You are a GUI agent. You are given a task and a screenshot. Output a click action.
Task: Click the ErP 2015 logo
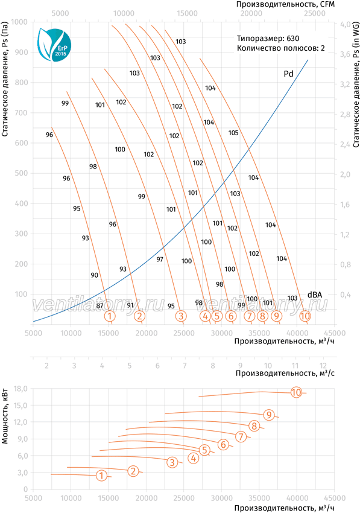(x=54, y=44)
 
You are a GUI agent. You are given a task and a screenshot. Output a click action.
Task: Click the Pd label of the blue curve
(x=288, y=74)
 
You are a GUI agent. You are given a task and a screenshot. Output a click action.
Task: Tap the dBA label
(x=315, y=295)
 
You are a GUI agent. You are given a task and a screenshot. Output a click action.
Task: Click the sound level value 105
(x=233, y=133)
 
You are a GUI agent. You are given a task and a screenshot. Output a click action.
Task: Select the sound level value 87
(x=99, y=306)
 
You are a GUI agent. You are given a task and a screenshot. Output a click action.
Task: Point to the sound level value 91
(x=130, y=305)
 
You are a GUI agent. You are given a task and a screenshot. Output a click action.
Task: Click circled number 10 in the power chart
(x=296, y=392)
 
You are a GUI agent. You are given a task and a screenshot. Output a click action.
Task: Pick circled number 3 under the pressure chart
(x=180, y=316)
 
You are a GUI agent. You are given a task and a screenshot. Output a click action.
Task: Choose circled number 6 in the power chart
(x=223, y=444)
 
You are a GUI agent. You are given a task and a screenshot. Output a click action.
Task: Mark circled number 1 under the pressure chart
(x=110, y=316)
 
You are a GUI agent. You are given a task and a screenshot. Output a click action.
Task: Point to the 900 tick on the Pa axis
(x=22, y=53)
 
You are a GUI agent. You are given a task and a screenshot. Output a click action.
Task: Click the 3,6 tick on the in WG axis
(x=345, y=54)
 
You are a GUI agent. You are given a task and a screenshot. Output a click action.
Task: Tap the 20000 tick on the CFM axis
(x=251, y=13)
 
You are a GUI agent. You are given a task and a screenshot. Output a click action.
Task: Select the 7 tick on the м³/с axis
(x=185, y=366)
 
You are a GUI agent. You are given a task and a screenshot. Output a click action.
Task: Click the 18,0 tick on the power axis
(x=21, y=389)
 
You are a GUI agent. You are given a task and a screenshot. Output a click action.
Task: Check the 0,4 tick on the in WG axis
(x=346, y=295)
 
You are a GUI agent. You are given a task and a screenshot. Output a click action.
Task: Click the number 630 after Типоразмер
(x=293, y=39)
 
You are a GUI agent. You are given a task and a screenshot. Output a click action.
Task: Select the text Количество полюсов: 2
(x=281, y=48)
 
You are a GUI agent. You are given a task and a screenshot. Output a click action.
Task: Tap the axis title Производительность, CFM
(x=285, y=4)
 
